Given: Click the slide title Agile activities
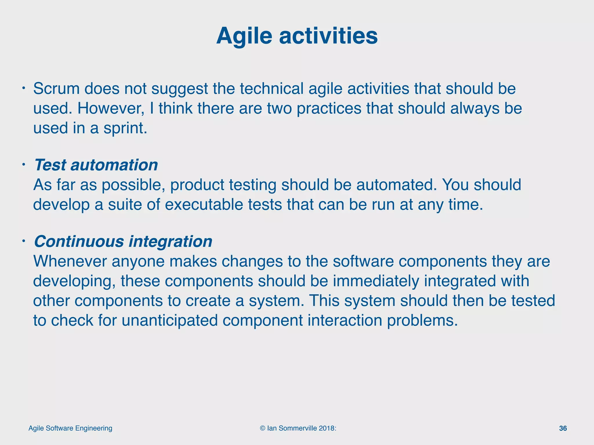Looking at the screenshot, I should pyautogui.click(x=297, y=36).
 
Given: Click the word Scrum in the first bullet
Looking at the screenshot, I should pyautogui.click(x=56, y=89).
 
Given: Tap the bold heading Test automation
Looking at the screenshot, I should pyautogui.click(x=96, y=165).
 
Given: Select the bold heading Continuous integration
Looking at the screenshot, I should pyautogui.click(x=123, y=241).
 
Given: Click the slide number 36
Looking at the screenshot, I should pyautogui.click(x=563, y=428).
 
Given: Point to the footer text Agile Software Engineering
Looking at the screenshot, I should pyautogui.click(x=70, y=428).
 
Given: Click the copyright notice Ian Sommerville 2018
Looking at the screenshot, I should pyautogui.click(x=298, y=428).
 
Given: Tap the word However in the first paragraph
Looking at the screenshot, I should pyautogui.click(x=111, y=108).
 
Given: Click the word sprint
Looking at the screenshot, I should pyautogui.click(x=125, y=128).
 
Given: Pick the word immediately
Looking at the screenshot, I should pyautogui.click(x=376, y=281).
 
